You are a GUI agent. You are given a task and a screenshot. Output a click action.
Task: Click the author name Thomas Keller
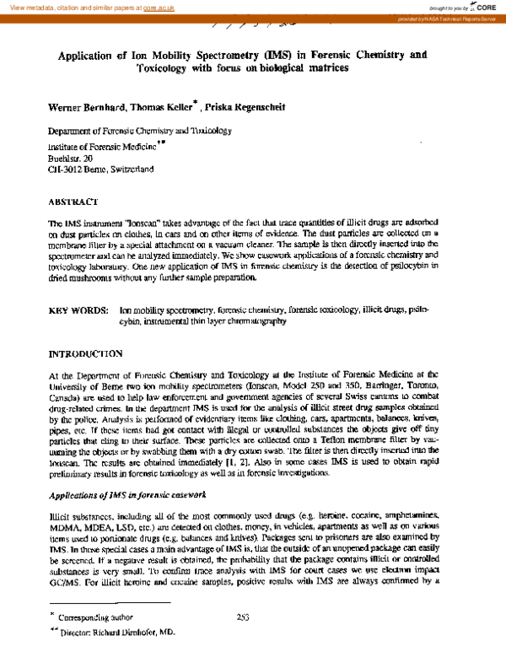click(x=162, y=107)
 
